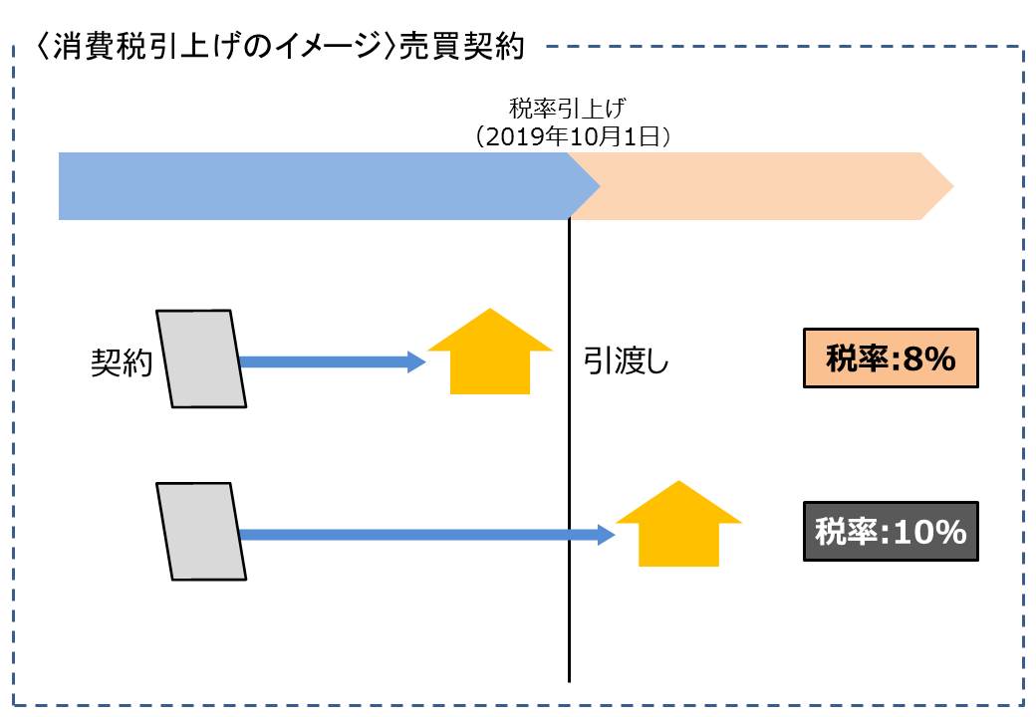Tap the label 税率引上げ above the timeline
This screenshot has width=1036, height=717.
[568, 108]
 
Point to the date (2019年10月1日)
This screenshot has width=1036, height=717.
[571, 135]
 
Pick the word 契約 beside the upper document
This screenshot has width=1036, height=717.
[121, 362]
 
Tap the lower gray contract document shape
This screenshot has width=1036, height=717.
[201, 530]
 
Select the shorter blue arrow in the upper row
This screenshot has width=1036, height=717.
[324, 362]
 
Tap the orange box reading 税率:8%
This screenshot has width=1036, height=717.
[891, 358]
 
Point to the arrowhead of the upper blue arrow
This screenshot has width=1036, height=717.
[417, 362]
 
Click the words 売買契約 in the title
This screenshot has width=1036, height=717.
[460, 48]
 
